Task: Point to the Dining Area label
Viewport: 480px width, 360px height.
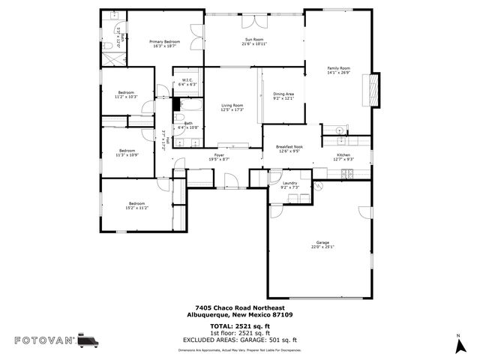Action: (x=283, y=94)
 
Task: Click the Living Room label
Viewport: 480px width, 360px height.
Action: (x=232, y=106)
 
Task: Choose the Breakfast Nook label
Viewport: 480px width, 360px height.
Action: (x=289, y=147)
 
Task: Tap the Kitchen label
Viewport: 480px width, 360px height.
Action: (x=343, y=155)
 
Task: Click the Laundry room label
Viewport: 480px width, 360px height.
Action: (x=290, y=183)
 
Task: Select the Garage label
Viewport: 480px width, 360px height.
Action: (x=322, y=243)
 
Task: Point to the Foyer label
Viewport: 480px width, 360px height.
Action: (x=220, y=155)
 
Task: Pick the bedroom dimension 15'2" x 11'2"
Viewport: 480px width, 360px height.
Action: (x=136, y=207)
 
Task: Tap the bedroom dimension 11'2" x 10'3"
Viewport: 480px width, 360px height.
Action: (x=126, y=97)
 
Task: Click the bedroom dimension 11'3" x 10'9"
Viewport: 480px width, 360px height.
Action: (x=126, y=155)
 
